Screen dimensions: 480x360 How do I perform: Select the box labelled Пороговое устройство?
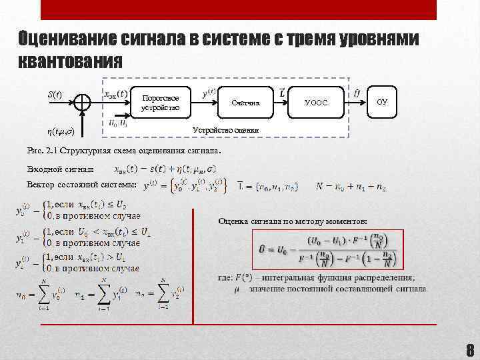pyautogui.click(x=161, y=103)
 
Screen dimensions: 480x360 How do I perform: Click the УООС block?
pyautogui.click(x=315, y=103)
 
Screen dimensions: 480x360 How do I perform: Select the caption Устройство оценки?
pyautogui.click(x=221, y=129)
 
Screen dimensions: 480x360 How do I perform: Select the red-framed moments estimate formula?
pyautogui.click(x=327, y=249)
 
